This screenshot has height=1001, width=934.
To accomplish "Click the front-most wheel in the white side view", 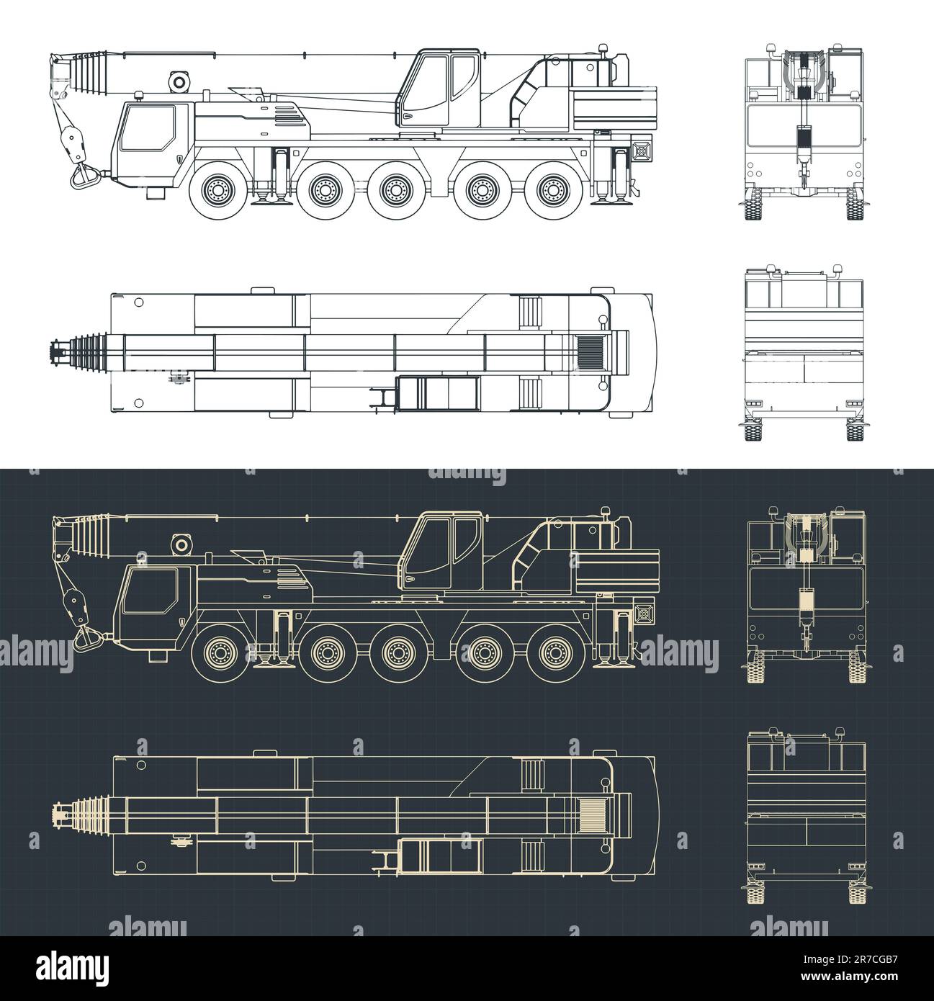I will click(x=219, y=190).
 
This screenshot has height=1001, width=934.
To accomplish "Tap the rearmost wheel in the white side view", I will click(x=552, y=189).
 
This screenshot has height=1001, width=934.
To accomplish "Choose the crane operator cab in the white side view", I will click(x=440, y=89).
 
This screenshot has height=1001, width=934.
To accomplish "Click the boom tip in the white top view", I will click(x=55, y=352).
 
